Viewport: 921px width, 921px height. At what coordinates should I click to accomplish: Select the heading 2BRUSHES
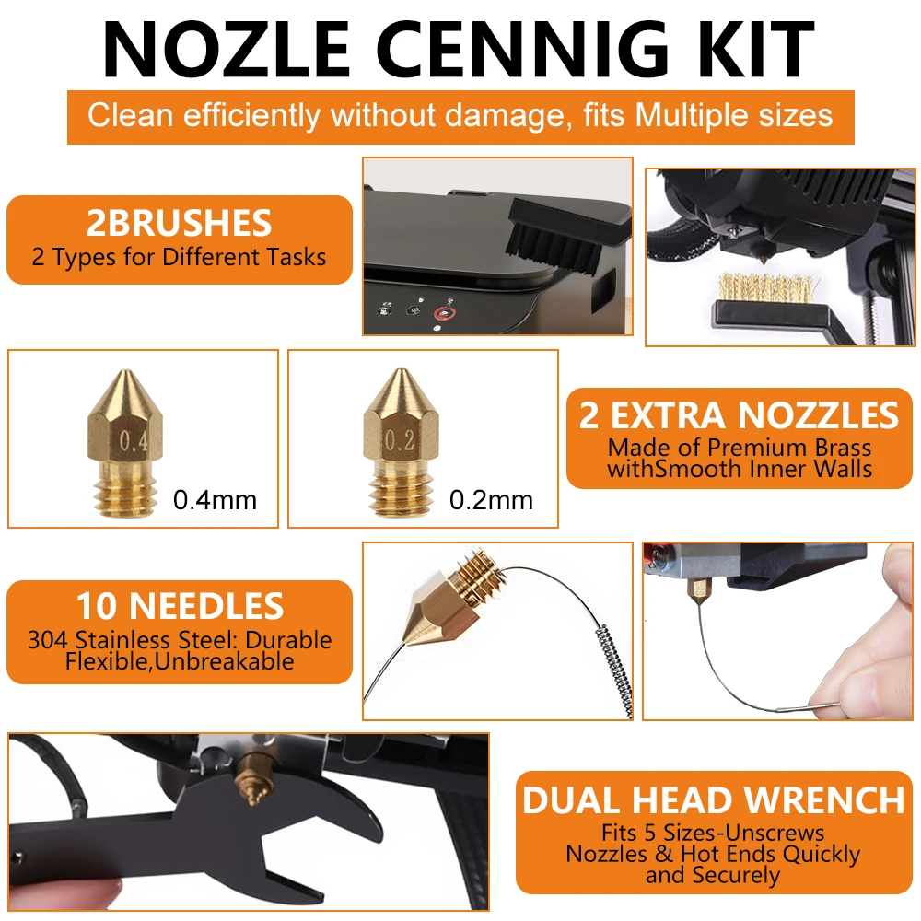(x=180, y=223)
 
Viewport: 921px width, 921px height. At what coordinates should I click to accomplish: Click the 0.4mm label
(x=215, y=500)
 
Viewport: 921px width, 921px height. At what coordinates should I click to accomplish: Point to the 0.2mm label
(x=491, y=500)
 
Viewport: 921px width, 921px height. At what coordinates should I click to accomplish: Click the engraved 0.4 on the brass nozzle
(x=133, y=440)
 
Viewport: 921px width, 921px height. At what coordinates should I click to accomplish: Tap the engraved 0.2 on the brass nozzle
(x=400, y=440)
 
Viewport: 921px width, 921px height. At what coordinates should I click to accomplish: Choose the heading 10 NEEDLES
(x=180, y=606)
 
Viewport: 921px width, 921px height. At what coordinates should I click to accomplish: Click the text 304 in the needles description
(x=48, y=640)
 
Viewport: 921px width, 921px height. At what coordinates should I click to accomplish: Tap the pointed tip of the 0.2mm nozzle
(x=402, y=370)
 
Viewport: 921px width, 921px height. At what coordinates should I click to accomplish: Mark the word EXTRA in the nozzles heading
(x=667, y=416)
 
